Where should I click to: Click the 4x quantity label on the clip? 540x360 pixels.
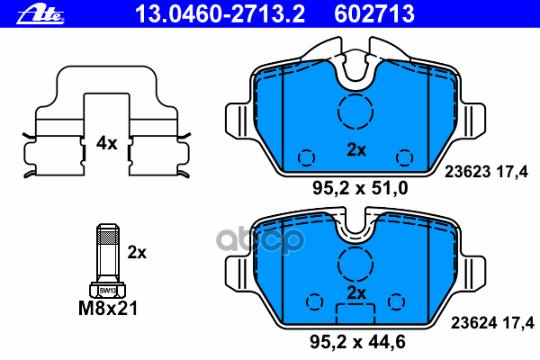tap(107, 142)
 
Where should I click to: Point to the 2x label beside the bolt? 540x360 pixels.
tap(137, 253)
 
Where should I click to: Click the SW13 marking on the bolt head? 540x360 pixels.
tap(107, 290)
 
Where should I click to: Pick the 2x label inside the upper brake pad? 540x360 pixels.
tap(356, 150)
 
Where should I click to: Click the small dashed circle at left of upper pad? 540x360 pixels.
tap(307, 157)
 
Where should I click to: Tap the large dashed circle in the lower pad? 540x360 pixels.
tap(355, 264)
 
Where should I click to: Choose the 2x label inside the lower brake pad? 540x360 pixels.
tap(356, 293)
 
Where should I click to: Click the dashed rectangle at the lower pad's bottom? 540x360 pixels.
tap(355, 315)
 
